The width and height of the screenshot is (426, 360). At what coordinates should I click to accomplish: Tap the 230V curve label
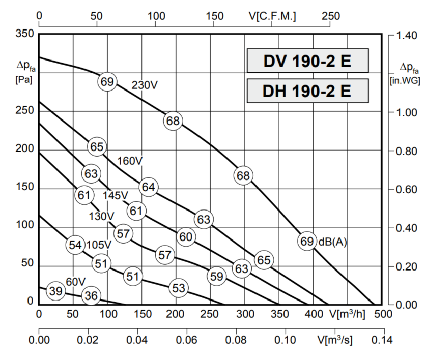pyautogui.click(x=145, y=85)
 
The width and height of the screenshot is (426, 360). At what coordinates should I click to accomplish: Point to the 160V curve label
pyautogui.click(x=130, y=161)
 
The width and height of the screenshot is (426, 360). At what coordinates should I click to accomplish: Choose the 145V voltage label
pyautogui.click(x=116, y=195)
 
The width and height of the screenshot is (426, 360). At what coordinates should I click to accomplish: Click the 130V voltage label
pyautogui.click(x=101, y=216)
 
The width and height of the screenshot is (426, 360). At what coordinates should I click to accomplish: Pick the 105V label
pyautogui.click(x=98, y=245)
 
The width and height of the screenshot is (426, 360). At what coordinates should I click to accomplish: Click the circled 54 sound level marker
pyautogui.click(x=75, y=245)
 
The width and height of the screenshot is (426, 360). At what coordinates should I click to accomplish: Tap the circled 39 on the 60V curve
pyautogui.click(x=55, y=291)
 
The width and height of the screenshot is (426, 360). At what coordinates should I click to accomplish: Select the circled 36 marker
pyautogui.click(x=91, y=295)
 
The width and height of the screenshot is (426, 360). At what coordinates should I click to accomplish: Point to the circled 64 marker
pyautogui.click(x=148, y=187)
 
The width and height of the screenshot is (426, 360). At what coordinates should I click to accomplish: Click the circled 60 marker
pyautogui.click(x=186, y=237)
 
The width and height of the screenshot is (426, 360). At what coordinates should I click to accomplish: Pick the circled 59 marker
pyautogui.click(x=216, y=276)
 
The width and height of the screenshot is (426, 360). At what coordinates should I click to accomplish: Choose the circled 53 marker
pyautogui.click(x=178, y=288)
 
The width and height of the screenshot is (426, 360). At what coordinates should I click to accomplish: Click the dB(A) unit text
pyautogui.click(x=333, y=242)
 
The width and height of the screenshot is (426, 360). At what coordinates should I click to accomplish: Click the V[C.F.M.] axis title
pyautogui.click(x=273, y=16)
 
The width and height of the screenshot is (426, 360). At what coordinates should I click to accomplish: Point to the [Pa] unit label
pyautogui.click(x=24, y=79)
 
